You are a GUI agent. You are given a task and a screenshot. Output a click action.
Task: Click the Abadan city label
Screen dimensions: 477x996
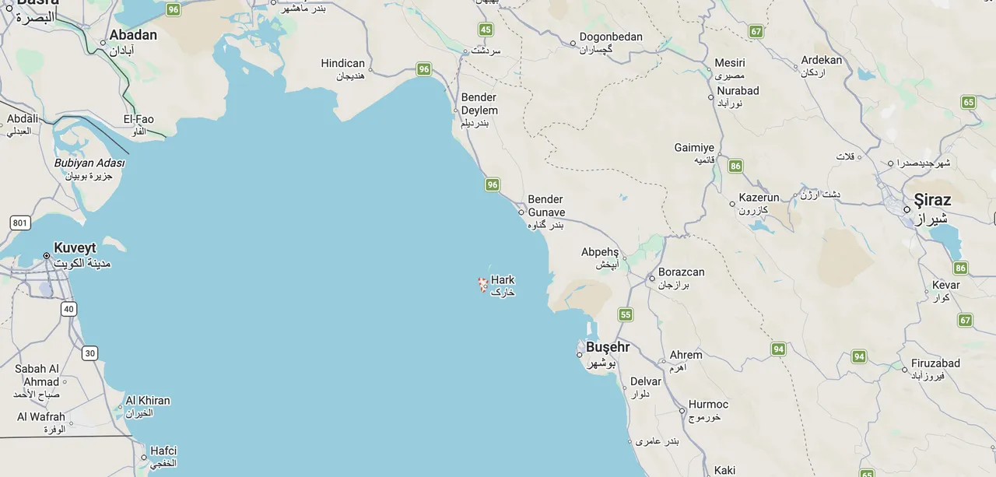point(133,35)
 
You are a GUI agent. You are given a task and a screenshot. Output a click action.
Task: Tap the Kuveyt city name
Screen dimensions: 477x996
point(75,248)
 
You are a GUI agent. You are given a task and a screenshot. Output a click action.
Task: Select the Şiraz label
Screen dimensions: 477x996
point(932,199)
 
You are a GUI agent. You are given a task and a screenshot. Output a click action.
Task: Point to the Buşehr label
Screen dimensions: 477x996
point(608,347)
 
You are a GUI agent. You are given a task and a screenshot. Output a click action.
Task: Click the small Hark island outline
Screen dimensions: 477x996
point(482,285)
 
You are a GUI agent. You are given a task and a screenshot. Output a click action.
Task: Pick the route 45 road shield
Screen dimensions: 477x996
point(486,30)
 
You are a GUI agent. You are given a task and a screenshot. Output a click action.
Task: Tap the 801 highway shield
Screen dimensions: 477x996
point(20,223)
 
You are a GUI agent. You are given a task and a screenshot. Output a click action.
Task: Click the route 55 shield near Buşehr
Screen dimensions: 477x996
point(626,314)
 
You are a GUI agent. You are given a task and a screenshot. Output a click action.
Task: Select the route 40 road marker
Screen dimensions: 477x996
point(69,309)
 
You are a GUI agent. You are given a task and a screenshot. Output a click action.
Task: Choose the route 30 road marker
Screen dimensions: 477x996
point(90,353)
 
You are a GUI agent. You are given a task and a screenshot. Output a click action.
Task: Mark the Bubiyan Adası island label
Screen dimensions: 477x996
point(89,163)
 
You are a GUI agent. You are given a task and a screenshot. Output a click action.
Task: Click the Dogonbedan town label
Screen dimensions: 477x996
point(611,37)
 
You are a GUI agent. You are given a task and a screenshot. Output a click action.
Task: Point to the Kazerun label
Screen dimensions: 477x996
point(759,198)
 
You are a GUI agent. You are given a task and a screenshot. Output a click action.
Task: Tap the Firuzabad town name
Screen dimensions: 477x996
point(935,363)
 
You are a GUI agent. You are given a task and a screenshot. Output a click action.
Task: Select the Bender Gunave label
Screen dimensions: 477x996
point(546,205)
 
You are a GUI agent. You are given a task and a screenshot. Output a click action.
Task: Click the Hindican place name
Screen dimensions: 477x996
point(342,64)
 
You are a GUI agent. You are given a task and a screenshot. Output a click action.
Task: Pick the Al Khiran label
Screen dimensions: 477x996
point(148,401)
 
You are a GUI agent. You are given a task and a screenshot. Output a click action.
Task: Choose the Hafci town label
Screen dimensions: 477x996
point(163,451)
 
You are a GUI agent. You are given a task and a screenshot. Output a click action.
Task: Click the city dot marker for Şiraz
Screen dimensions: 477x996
point(907,209)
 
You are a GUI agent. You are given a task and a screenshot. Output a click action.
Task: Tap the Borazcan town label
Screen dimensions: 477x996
point(681,272)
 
